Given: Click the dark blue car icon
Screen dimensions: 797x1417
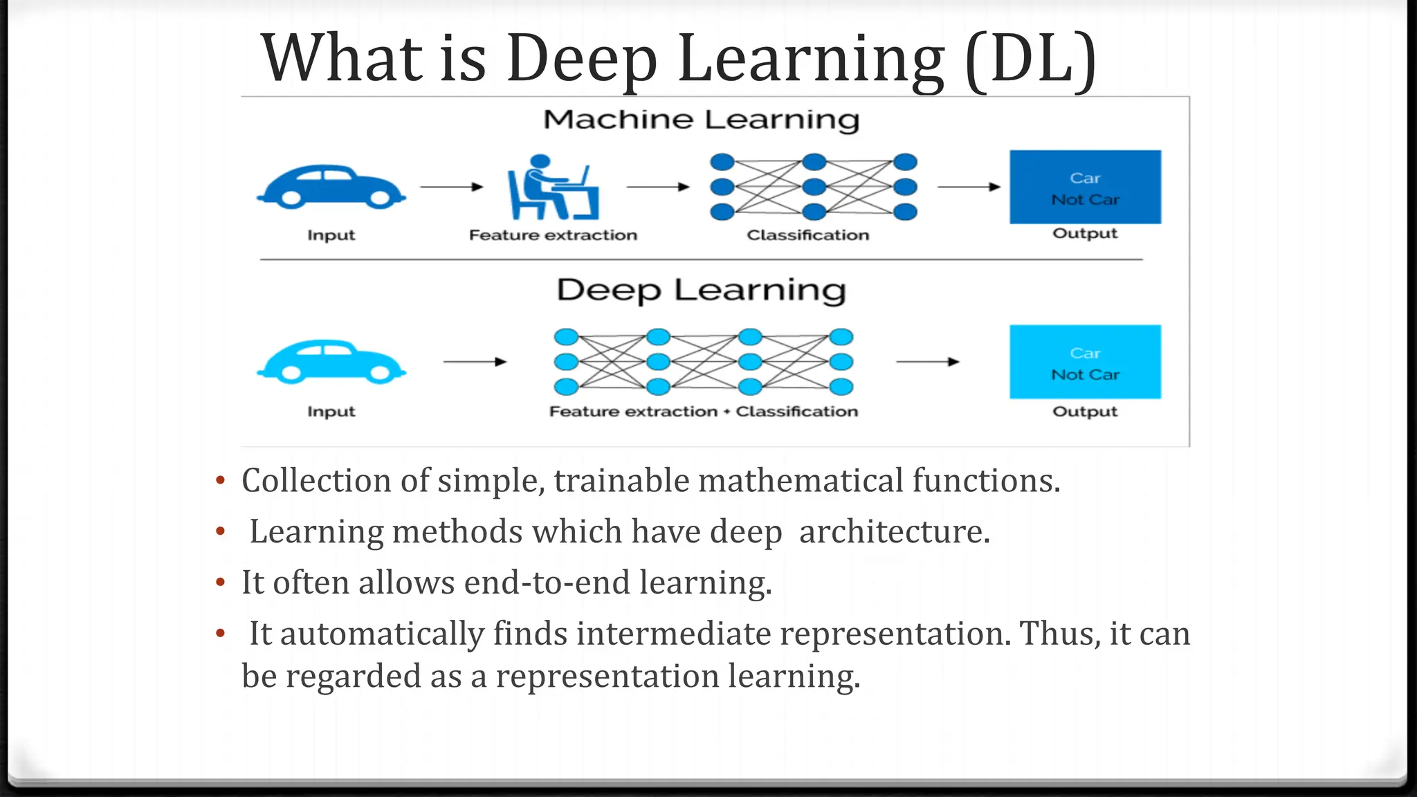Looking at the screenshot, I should pyautogui.click(x=331, y=187).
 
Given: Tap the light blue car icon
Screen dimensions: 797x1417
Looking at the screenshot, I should pyautogui.click(x=331, y=362).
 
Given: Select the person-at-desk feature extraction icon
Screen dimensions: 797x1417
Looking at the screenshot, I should pyautogui.click(x=553, y=187).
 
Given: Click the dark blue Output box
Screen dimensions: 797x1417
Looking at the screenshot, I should pyautogui.click(x=1085, y=187).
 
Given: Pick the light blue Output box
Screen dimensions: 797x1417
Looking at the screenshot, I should pyautogui.click(x=1085, y=362).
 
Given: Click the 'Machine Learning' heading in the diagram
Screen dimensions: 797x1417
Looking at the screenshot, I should pyautogui.click(x=701, y=120).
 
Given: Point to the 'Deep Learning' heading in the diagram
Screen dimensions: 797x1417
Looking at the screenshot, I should pyautogui.click(x=701, y=290).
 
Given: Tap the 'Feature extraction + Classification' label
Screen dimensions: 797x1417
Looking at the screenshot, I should pyautogui.click(x=703, y=412).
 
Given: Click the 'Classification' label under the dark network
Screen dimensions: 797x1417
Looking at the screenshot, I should pyautogui.click(x=807, y=235).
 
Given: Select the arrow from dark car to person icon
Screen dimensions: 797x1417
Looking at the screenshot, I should pyautogui.click(x=451, y=187).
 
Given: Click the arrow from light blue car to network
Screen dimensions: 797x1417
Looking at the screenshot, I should pyautogui.click(x=475, y=362).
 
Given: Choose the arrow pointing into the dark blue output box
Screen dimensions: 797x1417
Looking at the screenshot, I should pyautogui.click(x=969, y=187).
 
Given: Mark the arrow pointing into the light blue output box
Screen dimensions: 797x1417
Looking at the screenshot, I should pyautogui.click(x=927, y=362).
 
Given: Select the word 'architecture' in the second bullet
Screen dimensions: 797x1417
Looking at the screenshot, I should pyautogui.click(x=894, y=531).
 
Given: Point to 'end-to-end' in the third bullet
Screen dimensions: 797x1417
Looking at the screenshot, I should pyautogui.click(x=547, y=583).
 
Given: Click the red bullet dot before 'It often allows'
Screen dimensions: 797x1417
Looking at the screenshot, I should pyautogui.click(x=220, y=583).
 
